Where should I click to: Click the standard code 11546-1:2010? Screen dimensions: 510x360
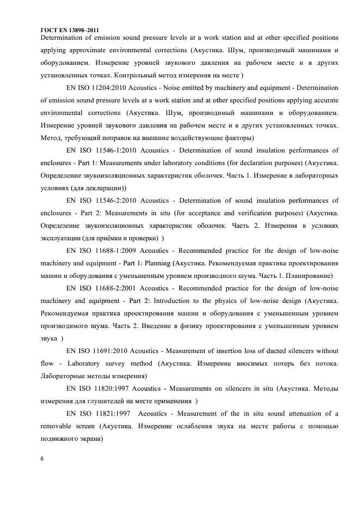tap(118, 150)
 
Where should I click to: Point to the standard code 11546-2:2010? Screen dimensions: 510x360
tap(118, 201)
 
